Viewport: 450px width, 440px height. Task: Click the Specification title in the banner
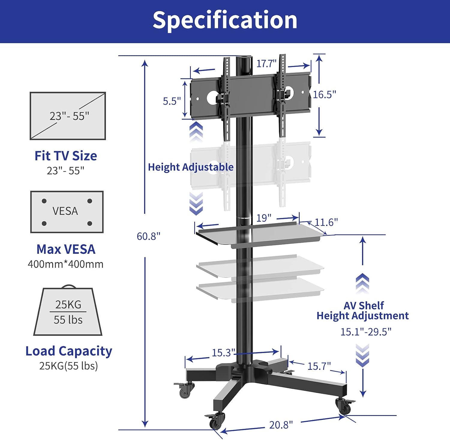tap(225, 20)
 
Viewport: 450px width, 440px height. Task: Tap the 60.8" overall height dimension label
tap(148, 236)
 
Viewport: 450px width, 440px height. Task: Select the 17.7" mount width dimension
tap(266, 64)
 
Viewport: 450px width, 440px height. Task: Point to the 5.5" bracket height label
tap(172, 101)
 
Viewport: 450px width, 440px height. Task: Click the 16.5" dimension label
tap(324, 94)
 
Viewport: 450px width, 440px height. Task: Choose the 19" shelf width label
tap(264, 218)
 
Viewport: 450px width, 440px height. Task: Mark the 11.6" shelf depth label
tap(326, 222)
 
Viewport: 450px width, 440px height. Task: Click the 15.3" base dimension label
tap(223, 353)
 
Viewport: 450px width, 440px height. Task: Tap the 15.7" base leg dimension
tap(319, 366)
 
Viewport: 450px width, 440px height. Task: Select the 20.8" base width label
tap(281, 425)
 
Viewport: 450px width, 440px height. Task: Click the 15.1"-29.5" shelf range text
tap(366, 332)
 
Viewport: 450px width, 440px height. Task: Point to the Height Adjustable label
tap(190, 167)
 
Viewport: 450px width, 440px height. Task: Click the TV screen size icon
tap(68, 116)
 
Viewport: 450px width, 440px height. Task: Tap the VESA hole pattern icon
tap(67, 212)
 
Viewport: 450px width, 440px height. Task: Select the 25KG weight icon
tap(68, 311)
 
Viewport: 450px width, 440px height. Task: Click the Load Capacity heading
tap(69, 351)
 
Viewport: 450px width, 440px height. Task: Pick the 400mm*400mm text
tap(65, 264)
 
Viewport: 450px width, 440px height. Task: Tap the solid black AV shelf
tap(259, 235)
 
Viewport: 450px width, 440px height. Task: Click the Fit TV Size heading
tap(66, 156)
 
